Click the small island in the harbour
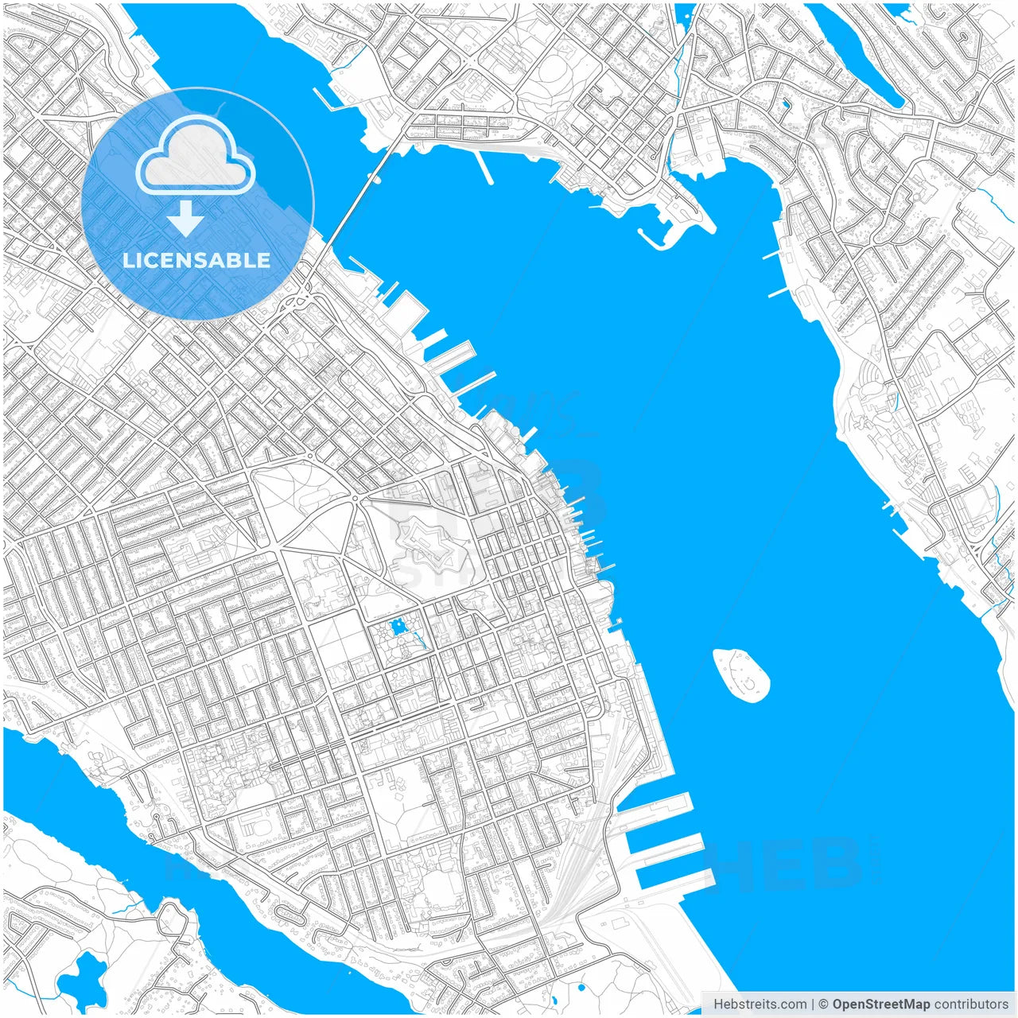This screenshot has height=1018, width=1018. [x=741, y=675]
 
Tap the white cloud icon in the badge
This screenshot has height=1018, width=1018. [x=195, y=156]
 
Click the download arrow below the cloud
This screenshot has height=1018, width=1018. [x=186, y=218]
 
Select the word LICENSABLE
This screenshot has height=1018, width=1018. [x=196, y=260]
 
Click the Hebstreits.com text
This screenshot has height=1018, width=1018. [x=760, y=1004]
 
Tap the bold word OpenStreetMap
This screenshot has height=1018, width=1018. [x=881, y=1004]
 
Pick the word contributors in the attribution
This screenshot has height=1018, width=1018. [x=971, y=1004]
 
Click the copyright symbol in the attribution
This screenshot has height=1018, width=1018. [x=824, y=1004]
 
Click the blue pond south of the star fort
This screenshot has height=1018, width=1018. [x=398, y=628]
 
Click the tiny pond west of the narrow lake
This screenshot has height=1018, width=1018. [x=786, y=103]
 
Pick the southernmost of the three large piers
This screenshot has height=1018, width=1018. [x=676, y=876]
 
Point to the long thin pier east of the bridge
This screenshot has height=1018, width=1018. [x=484, y=167]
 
